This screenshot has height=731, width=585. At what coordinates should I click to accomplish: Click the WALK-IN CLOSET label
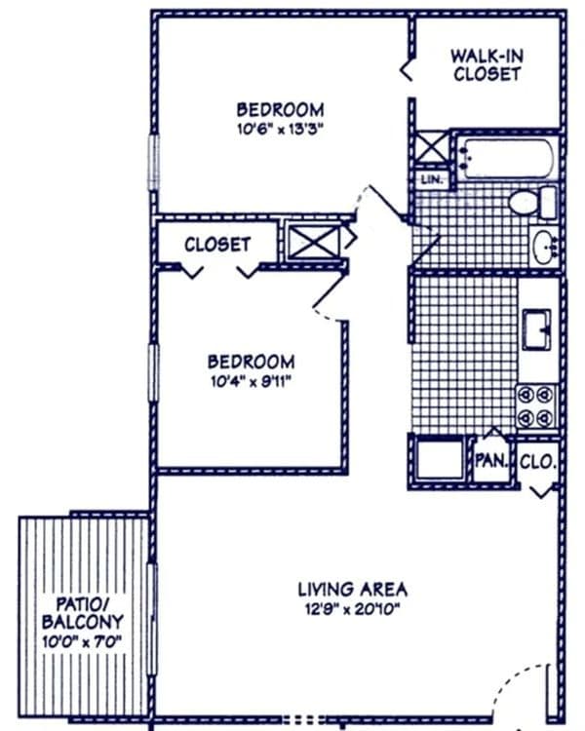(x=487, y=65)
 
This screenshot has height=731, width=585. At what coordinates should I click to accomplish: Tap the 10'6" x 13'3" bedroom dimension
(x=280, y=129)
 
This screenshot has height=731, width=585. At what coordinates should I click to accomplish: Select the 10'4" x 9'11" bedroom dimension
(x=251, y=382)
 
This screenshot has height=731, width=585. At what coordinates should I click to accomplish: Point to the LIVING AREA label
(x=353, y=590)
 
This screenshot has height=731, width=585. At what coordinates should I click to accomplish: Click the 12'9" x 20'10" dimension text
(x=353, y=609)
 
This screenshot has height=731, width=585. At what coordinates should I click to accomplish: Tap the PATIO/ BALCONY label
(x=83, y=613)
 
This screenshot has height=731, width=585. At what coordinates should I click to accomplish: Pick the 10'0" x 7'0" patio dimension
(x=82, y=641)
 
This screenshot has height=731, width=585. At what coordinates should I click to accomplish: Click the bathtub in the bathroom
(x=506, y=158)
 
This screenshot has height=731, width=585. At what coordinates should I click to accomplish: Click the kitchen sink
(x=536, y=328)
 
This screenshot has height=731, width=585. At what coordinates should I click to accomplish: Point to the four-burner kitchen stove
(x=536, y=406)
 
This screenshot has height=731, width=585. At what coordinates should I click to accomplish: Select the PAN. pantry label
(x=490, y=461)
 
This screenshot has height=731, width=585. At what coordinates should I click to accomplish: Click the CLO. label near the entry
(x=538, y=462)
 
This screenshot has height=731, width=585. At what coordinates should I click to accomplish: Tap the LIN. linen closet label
(x=432, y=179)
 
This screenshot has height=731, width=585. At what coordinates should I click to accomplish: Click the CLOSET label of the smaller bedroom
(x=217, y=245)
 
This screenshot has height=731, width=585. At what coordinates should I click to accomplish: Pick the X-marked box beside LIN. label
(x=430, y=147)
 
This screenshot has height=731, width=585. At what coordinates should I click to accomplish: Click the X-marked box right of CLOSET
(x=315, y=242)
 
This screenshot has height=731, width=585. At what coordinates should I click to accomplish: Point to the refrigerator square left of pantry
(x=439, y=459)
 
